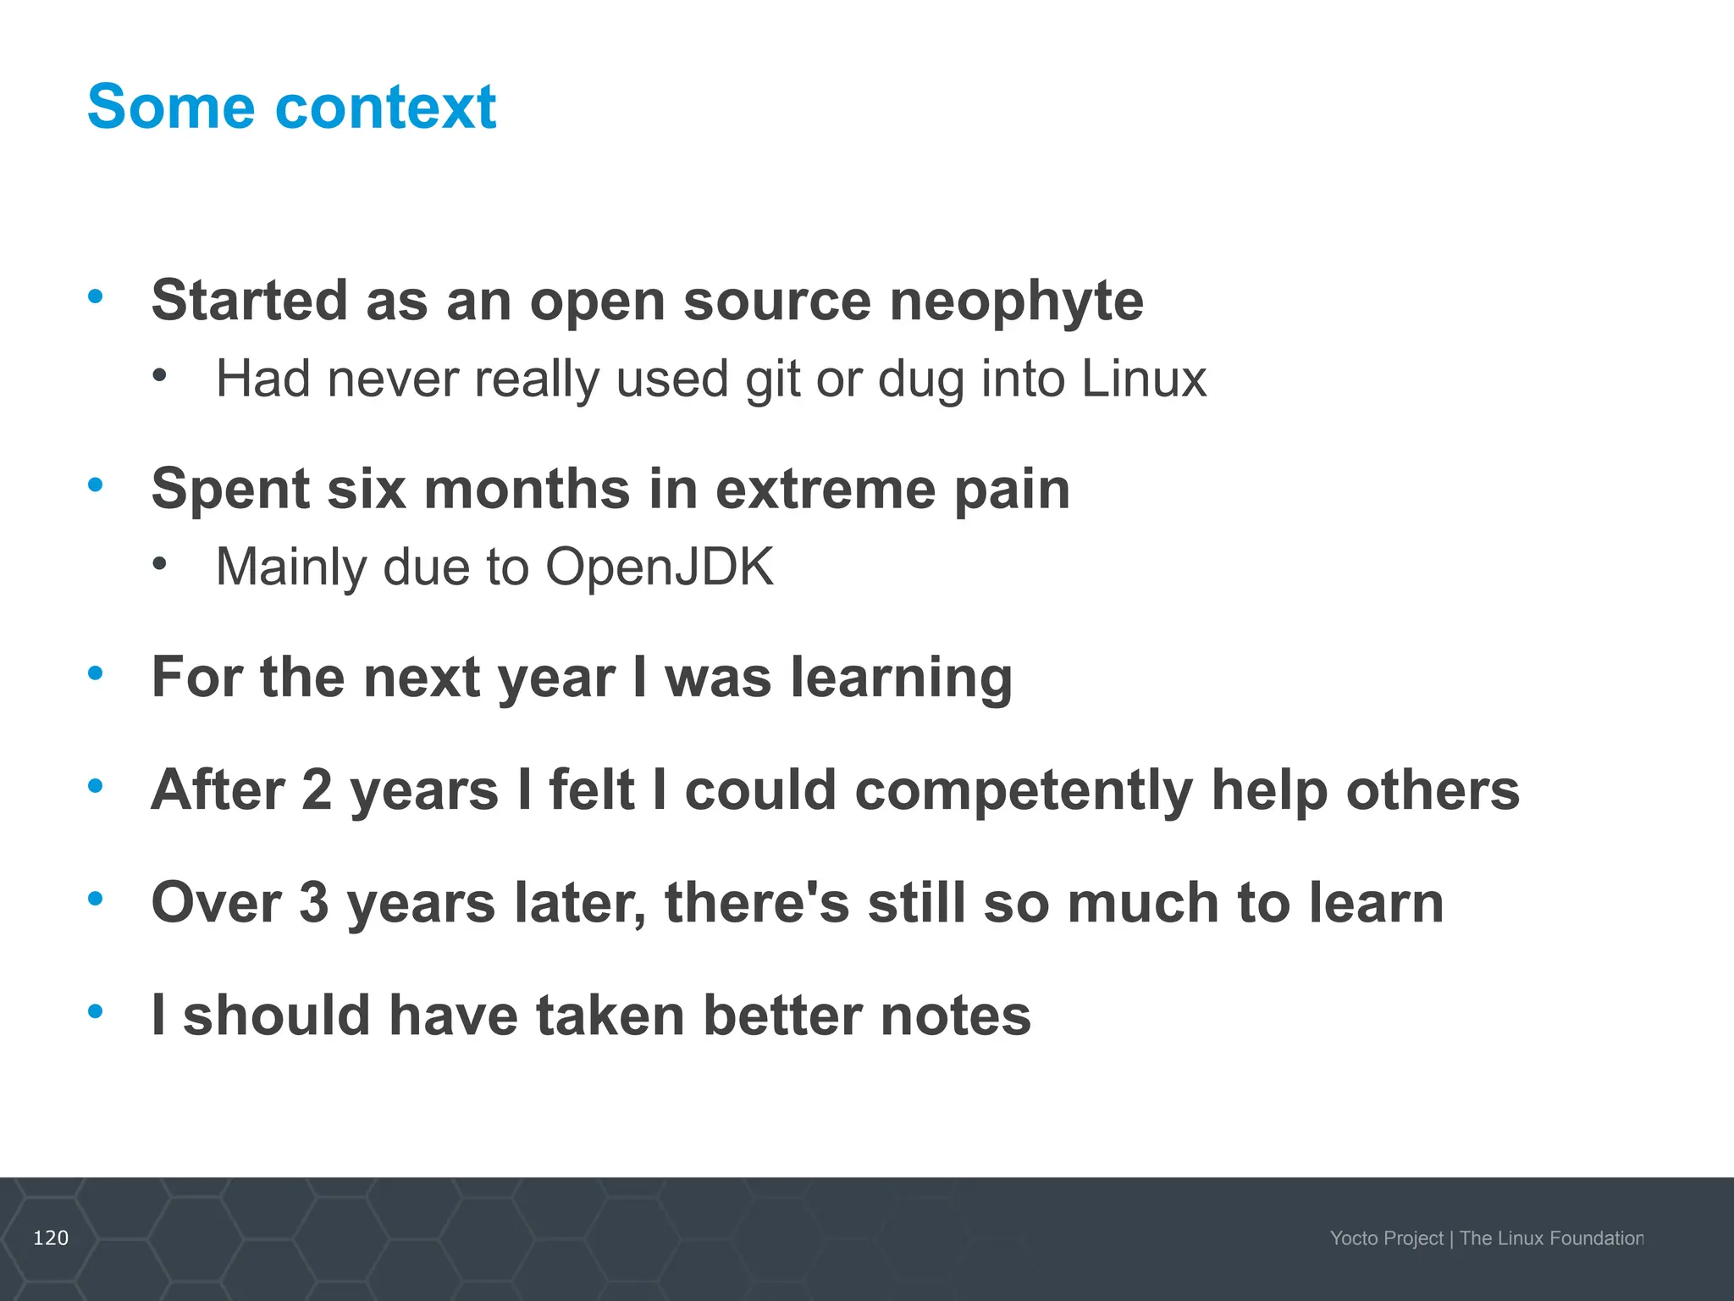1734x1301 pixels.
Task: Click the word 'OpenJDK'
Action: (x=659, y=567)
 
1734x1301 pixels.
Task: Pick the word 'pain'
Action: (x=1012, y=490)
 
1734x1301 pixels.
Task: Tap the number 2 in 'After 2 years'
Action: (x=317, y=789)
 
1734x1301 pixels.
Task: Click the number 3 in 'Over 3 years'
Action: (x=313, y=902)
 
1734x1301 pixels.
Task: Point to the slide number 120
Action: (x=51, y=1238)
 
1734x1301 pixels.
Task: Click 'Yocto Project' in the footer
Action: (x=1386, y=1238)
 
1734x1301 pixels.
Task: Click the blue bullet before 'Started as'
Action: (x=96, y=296)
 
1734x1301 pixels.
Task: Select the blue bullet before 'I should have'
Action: (x=96, y=1010)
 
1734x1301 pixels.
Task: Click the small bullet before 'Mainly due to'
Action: (x=160, y=562)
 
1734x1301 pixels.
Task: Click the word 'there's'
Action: (x=757, y=902)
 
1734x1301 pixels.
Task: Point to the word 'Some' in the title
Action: (x=170, y=108)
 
